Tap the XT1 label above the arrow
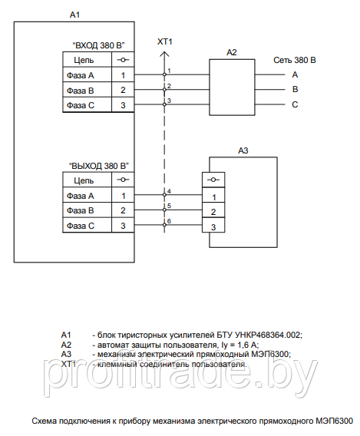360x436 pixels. (x=165, y=41)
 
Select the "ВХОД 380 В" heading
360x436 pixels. (x=98, y=45)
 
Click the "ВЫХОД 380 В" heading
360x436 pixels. (x=99, y=166)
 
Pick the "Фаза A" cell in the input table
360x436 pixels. (x=87, y=74)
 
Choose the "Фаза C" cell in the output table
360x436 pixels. (x=87, y=225)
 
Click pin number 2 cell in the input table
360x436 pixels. (x=123, y=90)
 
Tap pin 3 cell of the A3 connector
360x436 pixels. (x=213, y=225)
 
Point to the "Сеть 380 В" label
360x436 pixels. (x=295, y=60)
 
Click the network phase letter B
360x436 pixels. (x=296, y=89)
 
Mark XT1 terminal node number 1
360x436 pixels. (x=164, y=74)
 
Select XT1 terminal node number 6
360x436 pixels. (x=164, y=225)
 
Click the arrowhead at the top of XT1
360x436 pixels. (x=164, y=52)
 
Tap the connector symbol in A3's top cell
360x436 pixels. (x=213, y=180)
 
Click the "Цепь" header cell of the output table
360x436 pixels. (x=87, y=180)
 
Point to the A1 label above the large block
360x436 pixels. (x=74, y=15)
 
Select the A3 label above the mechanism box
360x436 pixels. (x=243, y=150)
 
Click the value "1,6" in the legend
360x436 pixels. (x=243, y=345)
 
